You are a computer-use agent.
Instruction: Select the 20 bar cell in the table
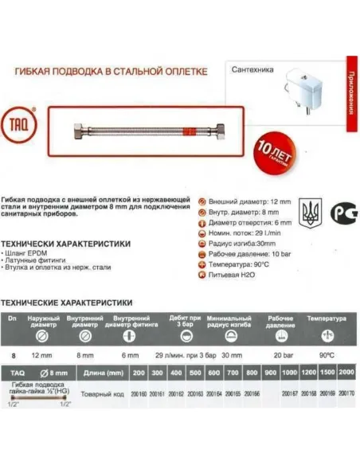point(281,356)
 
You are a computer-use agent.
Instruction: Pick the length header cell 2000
point(346,372)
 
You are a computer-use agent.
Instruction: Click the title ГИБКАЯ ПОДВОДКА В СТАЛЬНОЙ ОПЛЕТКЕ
point(112,71)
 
